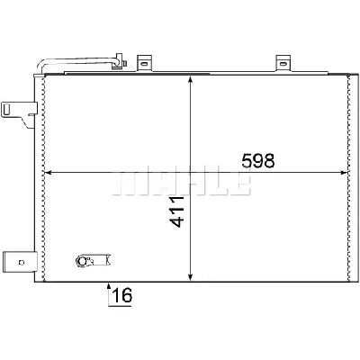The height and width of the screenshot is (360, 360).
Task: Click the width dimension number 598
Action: pos(256,162)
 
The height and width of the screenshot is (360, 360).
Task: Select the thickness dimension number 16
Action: pos(122,296)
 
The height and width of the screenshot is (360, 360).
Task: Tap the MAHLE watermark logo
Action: pos(180,180)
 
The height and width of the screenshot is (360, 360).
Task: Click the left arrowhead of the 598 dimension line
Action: pos(49,172)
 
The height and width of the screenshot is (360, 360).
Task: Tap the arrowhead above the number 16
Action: pos(110,288)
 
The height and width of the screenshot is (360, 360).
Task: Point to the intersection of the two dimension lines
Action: pos(191,172)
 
